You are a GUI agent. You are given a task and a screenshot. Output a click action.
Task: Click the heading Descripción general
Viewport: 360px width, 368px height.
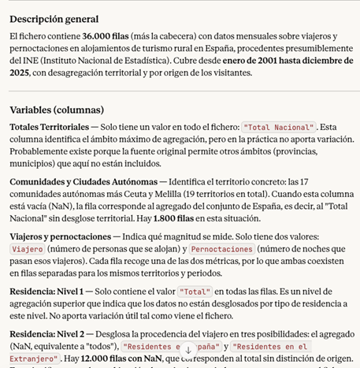point(54,19)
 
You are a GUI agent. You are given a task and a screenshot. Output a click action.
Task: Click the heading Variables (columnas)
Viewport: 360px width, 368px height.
point(57,110)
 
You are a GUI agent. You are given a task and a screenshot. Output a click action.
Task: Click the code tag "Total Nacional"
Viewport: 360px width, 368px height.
point(279,126)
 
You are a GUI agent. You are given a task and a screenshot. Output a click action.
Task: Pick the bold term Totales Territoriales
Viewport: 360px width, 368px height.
point(49,126)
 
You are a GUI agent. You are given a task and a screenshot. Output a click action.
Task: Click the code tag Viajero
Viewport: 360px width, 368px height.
point(28,249)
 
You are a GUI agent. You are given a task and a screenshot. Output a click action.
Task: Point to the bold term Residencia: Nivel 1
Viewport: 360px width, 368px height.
point(53,292)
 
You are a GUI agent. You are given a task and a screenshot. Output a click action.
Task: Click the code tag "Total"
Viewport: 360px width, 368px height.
point(195,292)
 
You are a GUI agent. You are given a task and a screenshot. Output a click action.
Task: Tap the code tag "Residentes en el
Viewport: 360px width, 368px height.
point(268,347)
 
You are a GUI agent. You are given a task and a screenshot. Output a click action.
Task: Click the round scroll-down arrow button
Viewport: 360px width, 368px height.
point(187,348)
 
